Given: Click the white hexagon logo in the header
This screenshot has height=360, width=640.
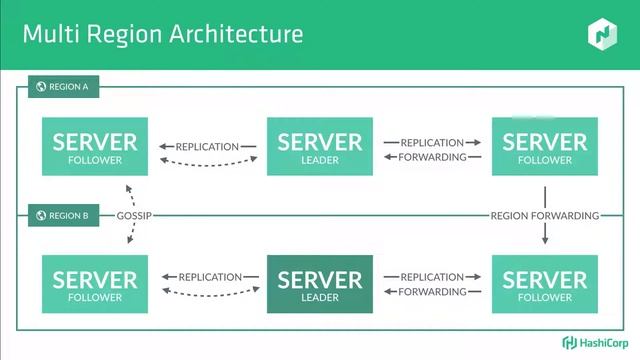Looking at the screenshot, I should [602, 35].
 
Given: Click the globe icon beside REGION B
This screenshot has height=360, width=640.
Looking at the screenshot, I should [41, 215].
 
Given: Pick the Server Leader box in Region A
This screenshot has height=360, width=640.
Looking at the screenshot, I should [319, 147].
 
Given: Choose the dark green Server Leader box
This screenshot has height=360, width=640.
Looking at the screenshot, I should [319, 284].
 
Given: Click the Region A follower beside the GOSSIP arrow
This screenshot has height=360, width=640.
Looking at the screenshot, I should [95, 147].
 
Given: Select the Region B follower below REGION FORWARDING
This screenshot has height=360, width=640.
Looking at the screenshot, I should [545, 284].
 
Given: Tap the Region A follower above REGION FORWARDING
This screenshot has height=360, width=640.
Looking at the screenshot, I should [545, 147].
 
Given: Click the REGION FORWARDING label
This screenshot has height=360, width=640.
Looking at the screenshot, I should [545, 215].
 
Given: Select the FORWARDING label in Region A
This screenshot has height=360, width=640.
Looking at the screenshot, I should [432, 156].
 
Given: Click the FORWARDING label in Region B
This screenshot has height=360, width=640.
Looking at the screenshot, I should [432, 292].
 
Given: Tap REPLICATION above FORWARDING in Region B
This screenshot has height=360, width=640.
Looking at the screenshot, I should [432, 277].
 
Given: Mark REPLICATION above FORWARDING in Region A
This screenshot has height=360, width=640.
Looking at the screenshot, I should [432, 142].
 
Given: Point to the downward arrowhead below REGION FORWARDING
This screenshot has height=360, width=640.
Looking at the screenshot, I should [545, 241].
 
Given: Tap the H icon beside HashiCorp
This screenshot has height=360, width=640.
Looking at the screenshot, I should [568, 341].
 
